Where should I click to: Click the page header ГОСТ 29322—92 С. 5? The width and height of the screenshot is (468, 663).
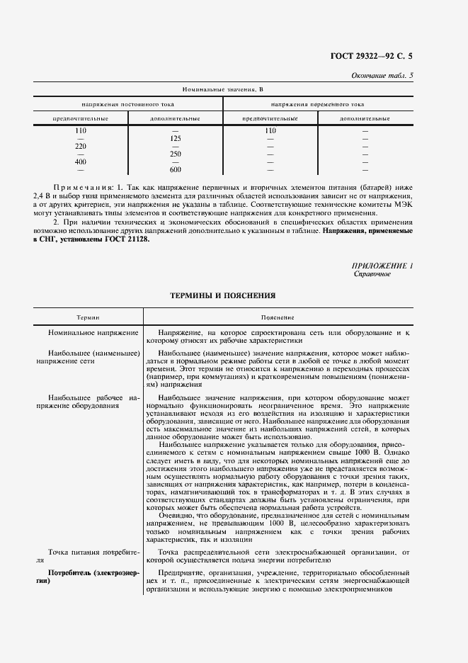[374, 56]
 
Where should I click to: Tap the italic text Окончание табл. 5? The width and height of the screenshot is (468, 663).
[382, 76]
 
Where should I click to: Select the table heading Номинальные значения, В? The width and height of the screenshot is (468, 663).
[222, 89]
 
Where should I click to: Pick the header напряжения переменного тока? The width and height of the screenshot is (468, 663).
[316, 103]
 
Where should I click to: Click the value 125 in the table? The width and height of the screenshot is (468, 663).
[176, 138]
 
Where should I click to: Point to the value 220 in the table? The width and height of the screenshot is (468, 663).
[81, 146]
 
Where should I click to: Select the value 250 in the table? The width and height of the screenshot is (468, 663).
[176, 154]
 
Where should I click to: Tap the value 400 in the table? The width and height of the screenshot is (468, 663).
[81, 161]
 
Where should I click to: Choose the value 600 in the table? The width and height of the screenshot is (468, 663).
[176, 169]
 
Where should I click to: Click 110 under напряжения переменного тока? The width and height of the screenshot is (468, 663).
[270, 130]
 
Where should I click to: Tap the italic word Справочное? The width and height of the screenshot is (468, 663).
[372, 273]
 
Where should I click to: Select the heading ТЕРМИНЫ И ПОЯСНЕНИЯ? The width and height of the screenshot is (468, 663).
[222, 295]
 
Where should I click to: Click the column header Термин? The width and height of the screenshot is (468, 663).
[89, 318]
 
